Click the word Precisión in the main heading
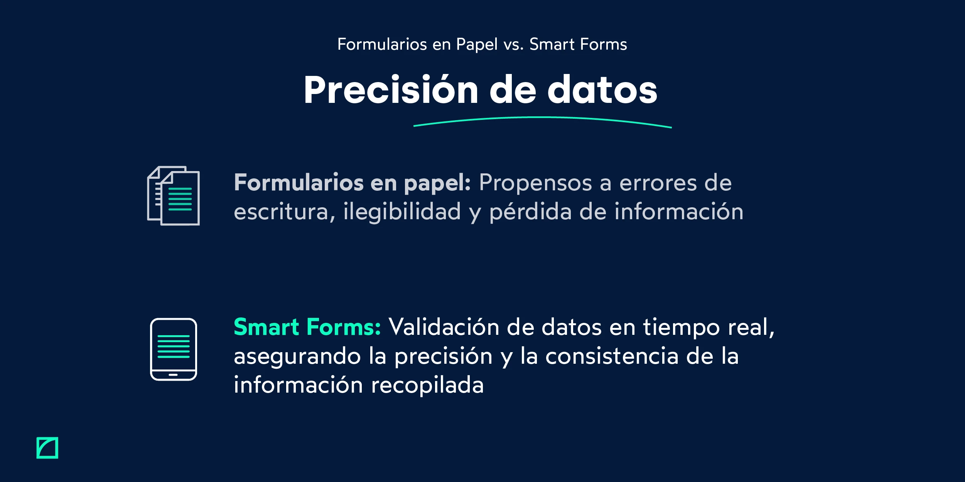(391, 90)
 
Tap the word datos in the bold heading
(602, 90)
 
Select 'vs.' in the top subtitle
(514, 45)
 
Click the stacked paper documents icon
(174, 196)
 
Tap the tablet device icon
(174, 349)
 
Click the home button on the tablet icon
(173, 375)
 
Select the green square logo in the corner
(47, 448)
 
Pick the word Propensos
(535, 183)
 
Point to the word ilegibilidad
(402, 212)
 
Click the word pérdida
(530, 212)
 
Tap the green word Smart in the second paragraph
(266, 327)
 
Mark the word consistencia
(611, 356)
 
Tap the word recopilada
(427, 385)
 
